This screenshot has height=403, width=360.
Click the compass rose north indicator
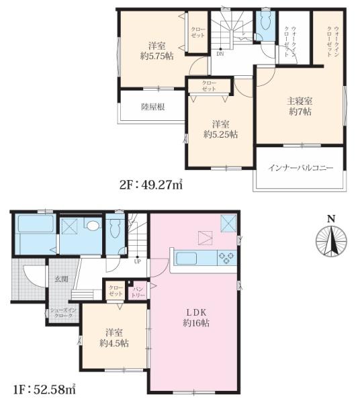[x=331, y=238]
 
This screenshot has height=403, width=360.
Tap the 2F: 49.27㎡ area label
[x=151, y=184]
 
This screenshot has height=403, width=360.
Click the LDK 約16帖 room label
[x=196, y=318]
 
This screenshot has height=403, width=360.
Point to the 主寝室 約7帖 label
[x=300, y=106]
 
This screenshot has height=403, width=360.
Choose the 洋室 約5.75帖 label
[x=156, y=51]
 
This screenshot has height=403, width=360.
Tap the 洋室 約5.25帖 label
[x=220, y=129]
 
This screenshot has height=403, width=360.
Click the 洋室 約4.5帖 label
[x=114, y=338]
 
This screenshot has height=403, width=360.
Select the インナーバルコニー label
[x=300, y=168]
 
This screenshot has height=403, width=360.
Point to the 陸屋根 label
[x=153, y=107]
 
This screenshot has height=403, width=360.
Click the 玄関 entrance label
[x=62, y=279]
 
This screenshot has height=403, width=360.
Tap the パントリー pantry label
[x=138, y=292]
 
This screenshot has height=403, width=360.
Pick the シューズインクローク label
[x=63, y=313]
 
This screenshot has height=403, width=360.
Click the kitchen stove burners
[x=226, y=258]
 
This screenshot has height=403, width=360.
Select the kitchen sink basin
[x=186, y=259]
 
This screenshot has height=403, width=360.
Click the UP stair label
[x=138, y=262]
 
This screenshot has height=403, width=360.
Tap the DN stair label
[x=220, y=54]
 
